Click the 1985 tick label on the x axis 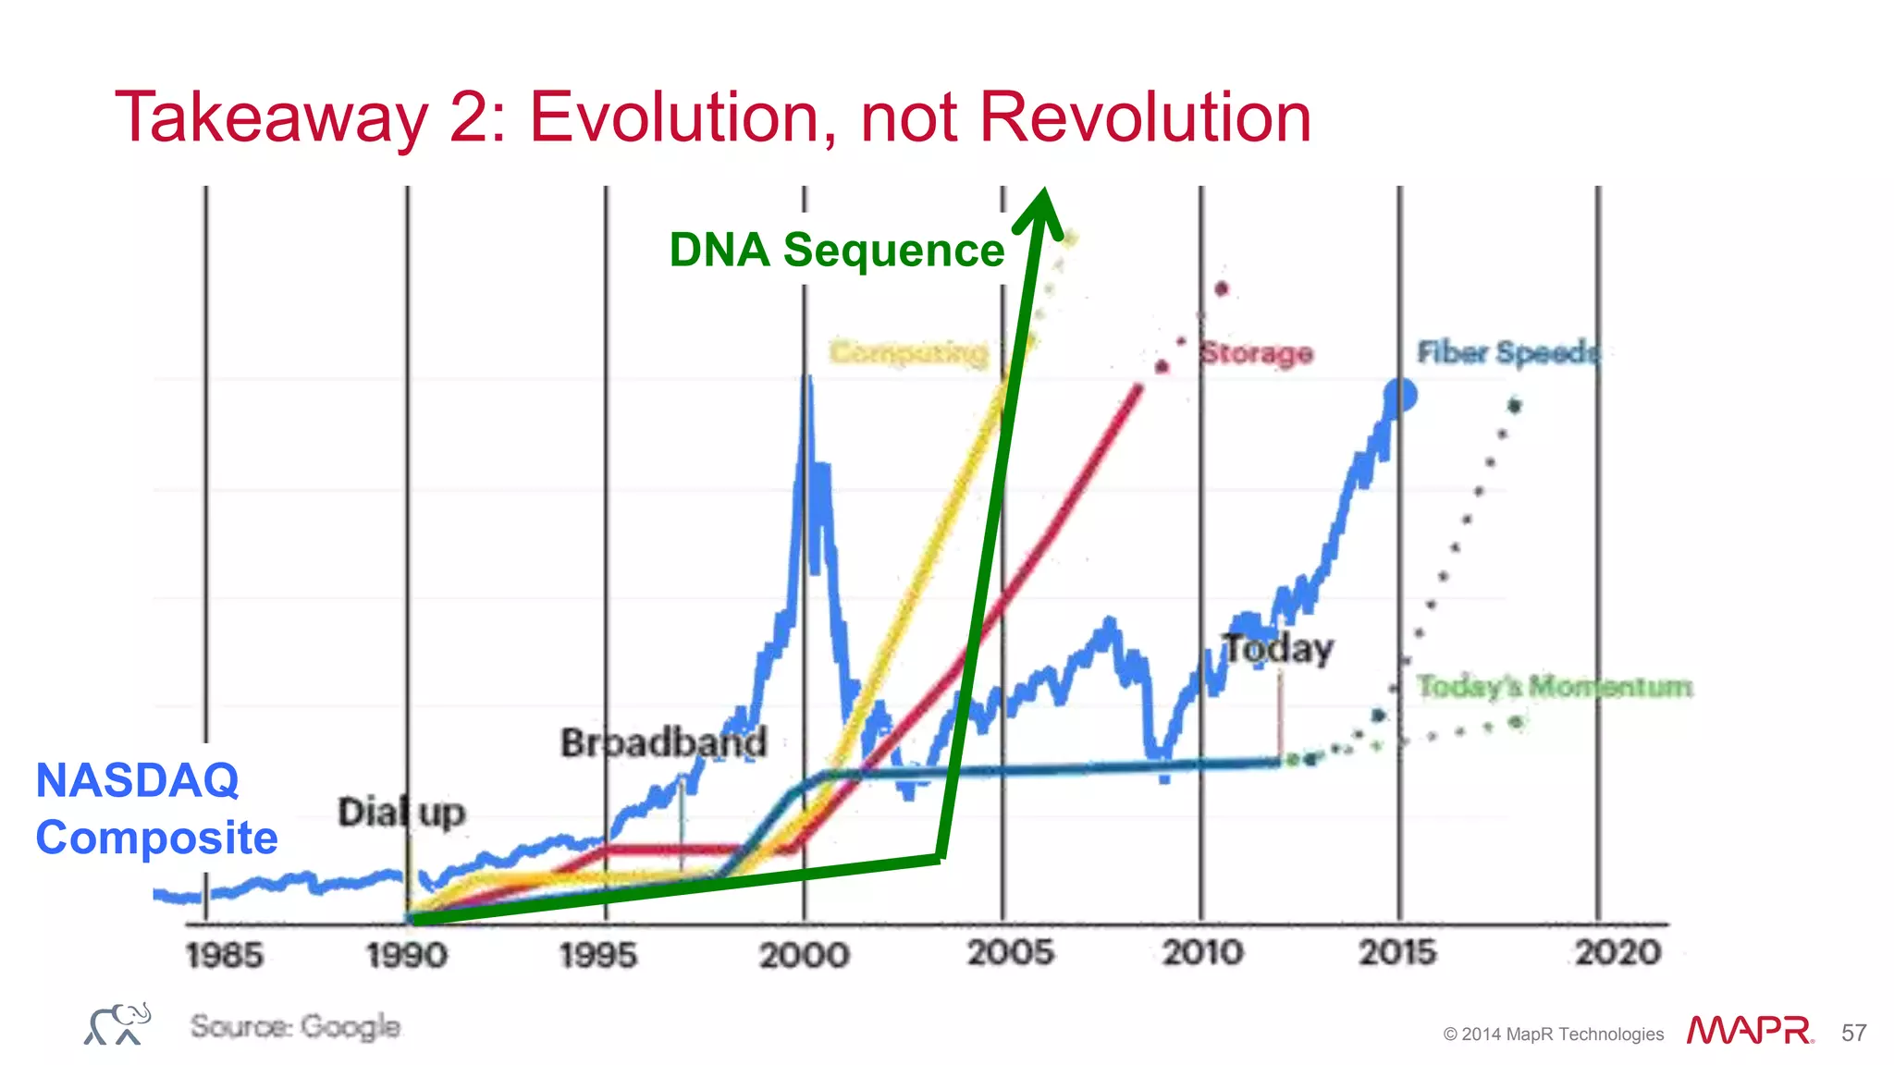click(x=224, y=955)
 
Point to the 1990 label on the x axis click(x=407, y=955)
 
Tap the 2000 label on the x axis click(x=804, y=955)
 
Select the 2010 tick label click(x=1202, y=952)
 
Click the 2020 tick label click(x=1617, y=952)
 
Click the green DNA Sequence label click(x=836, y=250)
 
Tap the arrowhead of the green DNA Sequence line click(x=1041, y=208)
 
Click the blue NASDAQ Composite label click(x=155, y=809)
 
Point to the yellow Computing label click(x=908, y=352)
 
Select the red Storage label click(x=1256, y=352)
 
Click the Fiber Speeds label click(x=1507, y=352)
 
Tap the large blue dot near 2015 click(x=1400, y=396)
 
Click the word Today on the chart click(x=1279, y=649)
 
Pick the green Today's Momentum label click(x=1555, y=687)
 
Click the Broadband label click(x=663, y=742)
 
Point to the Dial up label click(x=401, y=813)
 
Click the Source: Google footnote click(x=295, y=1026)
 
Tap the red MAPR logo click(x=1749, y=1031)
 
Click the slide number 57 click(x=1853, y=1033)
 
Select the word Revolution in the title click(x=1145, y=117)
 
